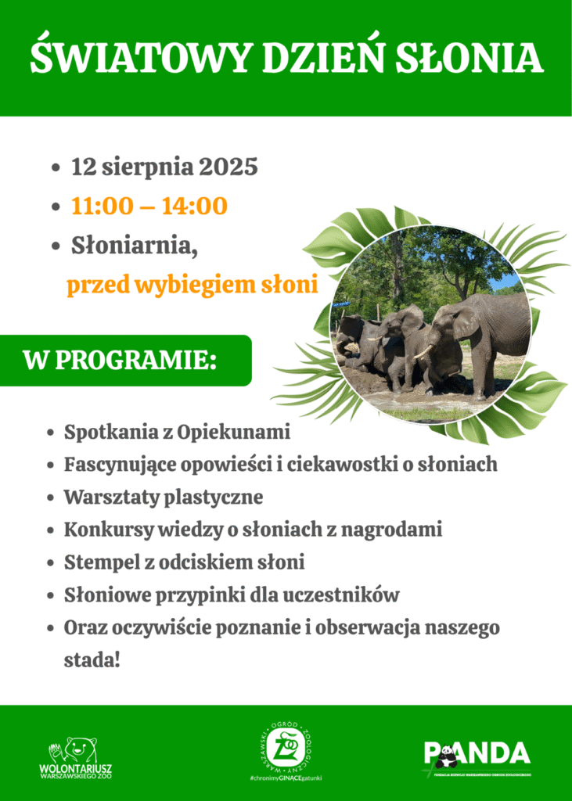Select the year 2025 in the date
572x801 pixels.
pyautogui.click(x=228, y=167)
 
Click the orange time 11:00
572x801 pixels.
pyautogui.click(x=103, y=207)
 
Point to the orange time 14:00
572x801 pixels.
pyautogui.click(x=195, y=207)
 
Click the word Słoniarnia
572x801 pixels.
pyautogui.click(x=134, y=246)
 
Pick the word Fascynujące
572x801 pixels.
pyautogui.click(x=126, y=465)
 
